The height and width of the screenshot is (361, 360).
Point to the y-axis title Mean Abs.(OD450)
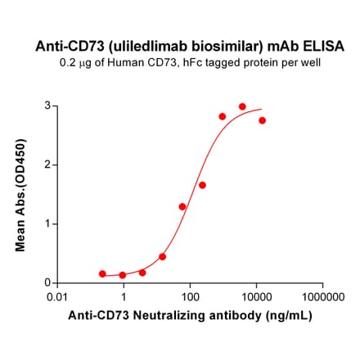22,194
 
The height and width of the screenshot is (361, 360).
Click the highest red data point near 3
242,106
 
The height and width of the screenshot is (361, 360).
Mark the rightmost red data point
262,120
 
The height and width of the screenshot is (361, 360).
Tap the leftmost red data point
102,273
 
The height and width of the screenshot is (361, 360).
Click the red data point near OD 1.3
182,206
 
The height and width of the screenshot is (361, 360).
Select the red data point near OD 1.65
202,185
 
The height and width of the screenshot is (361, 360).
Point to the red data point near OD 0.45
162,256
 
